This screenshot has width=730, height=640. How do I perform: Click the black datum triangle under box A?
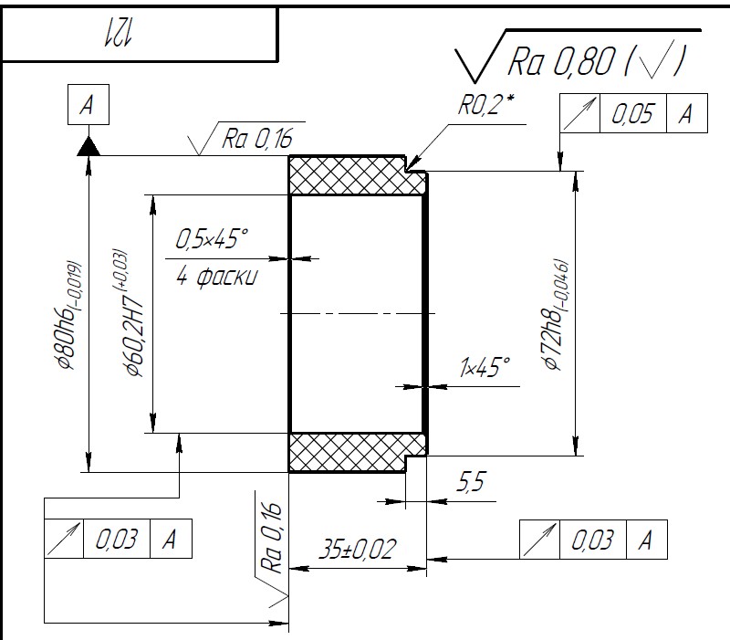point(89,146)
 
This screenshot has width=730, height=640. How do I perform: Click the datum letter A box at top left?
point(89,104)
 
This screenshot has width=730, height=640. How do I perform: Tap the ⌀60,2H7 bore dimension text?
point(131,312)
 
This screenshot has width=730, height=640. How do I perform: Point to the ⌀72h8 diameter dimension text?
point(557,315)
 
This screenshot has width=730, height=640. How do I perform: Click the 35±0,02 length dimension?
point(358,549)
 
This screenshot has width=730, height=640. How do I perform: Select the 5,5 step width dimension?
point(471,482)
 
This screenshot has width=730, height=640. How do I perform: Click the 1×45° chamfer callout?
point(485,367)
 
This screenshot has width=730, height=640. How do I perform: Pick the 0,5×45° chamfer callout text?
point(212,238)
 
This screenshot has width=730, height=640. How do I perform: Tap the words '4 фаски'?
point(216,277)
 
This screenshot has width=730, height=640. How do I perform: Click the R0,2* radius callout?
point(486,105)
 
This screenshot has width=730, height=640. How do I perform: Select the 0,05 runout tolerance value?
point(632,113)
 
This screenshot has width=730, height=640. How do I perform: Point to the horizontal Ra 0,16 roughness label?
point(257,139)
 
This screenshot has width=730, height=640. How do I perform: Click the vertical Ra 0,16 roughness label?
point(272,538)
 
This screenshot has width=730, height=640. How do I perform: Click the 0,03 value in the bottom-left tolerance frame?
point(117,539)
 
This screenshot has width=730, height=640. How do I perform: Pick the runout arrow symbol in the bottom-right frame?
point(539,540)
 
